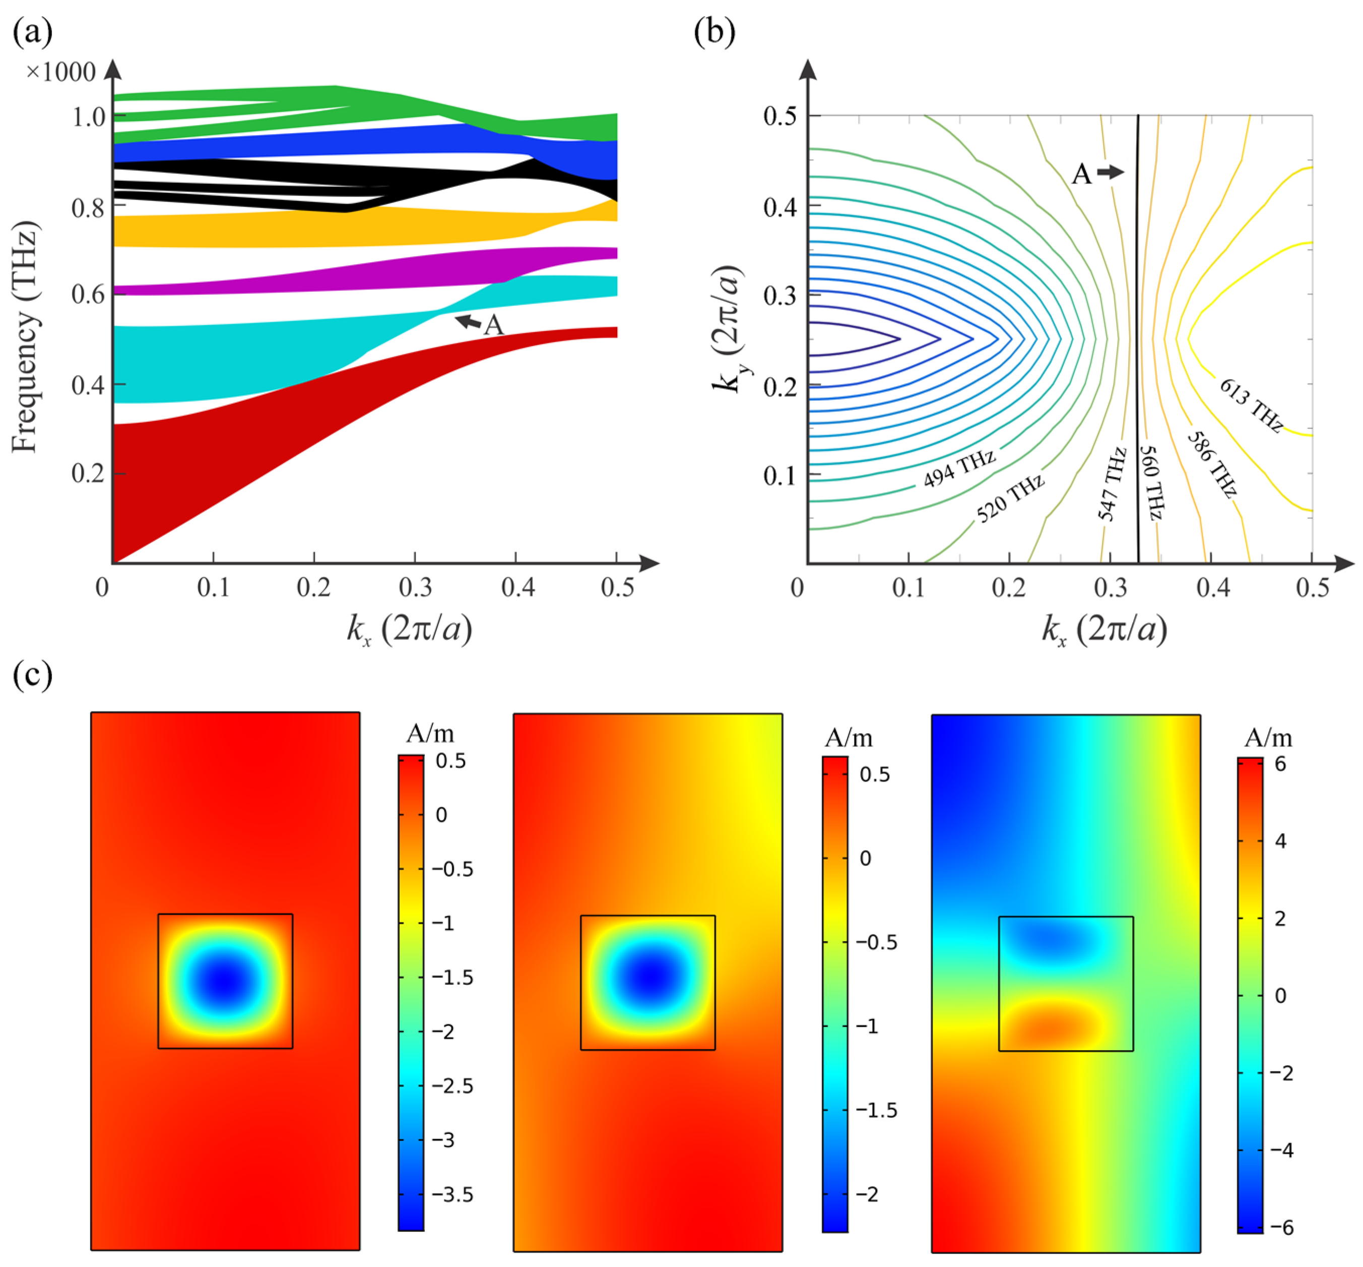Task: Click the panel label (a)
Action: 32,32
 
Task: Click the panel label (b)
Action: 714,32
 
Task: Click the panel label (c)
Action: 32,675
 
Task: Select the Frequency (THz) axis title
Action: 25,336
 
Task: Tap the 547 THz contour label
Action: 1112,484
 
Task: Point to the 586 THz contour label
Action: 1211,464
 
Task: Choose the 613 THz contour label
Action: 1250,405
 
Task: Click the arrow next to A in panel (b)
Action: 1110,171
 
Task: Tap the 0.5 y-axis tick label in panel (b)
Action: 780,115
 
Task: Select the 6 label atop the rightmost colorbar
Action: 1279,763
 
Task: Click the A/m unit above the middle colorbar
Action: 849,737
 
